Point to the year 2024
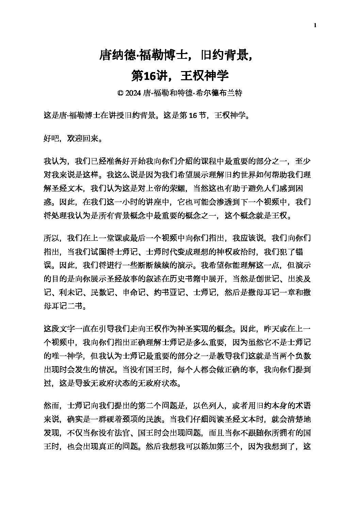coord(133,93)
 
